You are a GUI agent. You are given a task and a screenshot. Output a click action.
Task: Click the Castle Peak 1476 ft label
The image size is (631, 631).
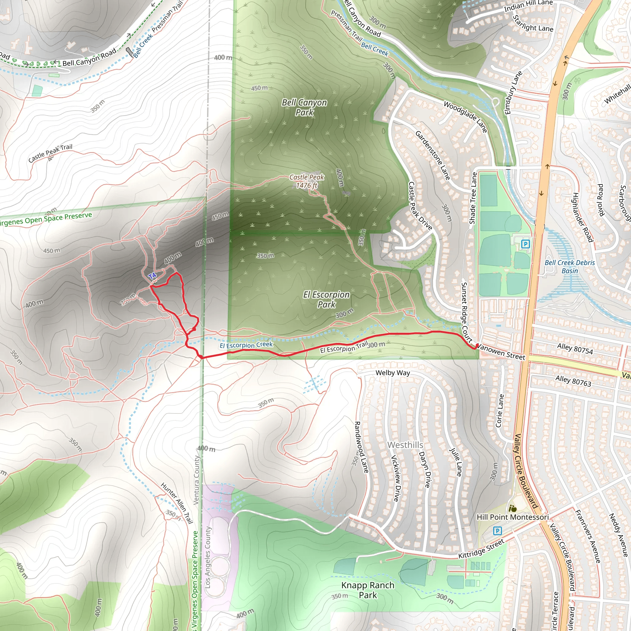click(x=307, y=181)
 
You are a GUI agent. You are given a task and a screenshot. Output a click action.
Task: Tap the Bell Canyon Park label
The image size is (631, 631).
click(x=304, y=108)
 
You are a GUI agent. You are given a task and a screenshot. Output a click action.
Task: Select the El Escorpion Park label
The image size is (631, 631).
click(x=326, y=299)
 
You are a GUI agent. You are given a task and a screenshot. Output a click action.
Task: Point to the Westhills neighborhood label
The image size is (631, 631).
click(x=405, y=445)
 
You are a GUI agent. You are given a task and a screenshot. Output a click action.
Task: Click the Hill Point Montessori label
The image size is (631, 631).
click(x=512, y=517)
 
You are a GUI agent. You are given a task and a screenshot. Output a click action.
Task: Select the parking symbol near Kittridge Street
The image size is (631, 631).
click(x=497, y=531)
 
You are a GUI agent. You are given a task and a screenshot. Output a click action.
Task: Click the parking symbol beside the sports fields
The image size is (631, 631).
click(x=526, y=244)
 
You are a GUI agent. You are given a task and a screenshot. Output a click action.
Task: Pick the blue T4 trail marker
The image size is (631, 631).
click(x=152, y=276)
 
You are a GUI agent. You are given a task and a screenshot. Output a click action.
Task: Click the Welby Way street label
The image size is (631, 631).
click(x=393, y=373)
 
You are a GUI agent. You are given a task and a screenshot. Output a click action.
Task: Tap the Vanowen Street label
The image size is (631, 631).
click(x=501, y=352)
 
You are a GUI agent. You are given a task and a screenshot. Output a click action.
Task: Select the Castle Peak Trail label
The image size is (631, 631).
click(x=50, y=153)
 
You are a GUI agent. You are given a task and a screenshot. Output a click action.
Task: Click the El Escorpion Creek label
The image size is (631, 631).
click(x=246, y=345)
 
